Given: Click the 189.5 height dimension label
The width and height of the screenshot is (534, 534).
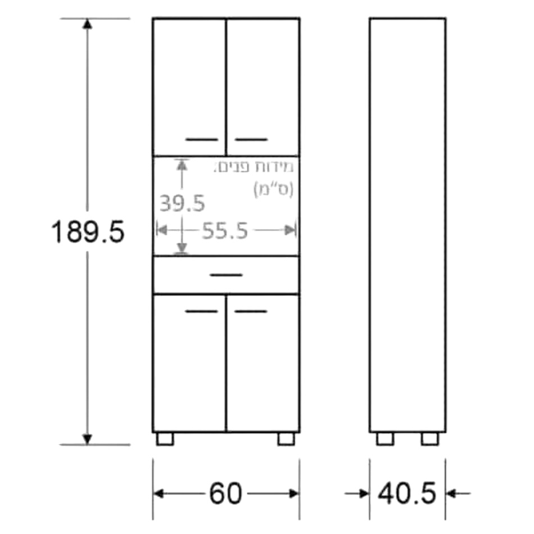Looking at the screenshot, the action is click(x=88, y=232).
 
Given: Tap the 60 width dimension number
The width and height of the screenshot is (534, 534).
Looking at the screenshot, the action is click(x=225, y=494).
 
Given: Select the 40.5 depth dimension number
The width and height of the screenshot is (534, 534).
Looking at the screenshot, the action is click(x=407, y=494).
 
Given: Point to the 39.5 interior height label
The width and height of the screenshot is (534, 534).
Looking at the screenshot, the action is click(x=182, y=203).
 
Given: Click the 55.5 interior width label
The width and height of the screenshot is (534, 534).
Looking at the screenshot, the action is click(x=225, y=230).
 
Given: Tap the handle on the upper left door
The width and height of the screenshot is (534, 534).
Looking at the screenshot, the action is click(x=202, y=139).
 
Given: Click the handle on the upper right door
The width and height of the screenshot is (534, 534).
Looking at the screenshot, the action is click(x=251, y=139).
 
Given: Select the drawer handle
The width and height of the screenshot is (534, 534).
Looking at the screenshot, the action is click(x=226, y=275).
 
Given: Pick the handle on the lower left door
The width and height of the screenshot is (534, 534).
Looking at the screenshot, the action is click(x=202, y=311).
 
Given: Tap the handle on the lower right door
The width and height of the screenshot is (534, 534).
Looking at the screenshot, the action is click(x=251, y=311).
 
